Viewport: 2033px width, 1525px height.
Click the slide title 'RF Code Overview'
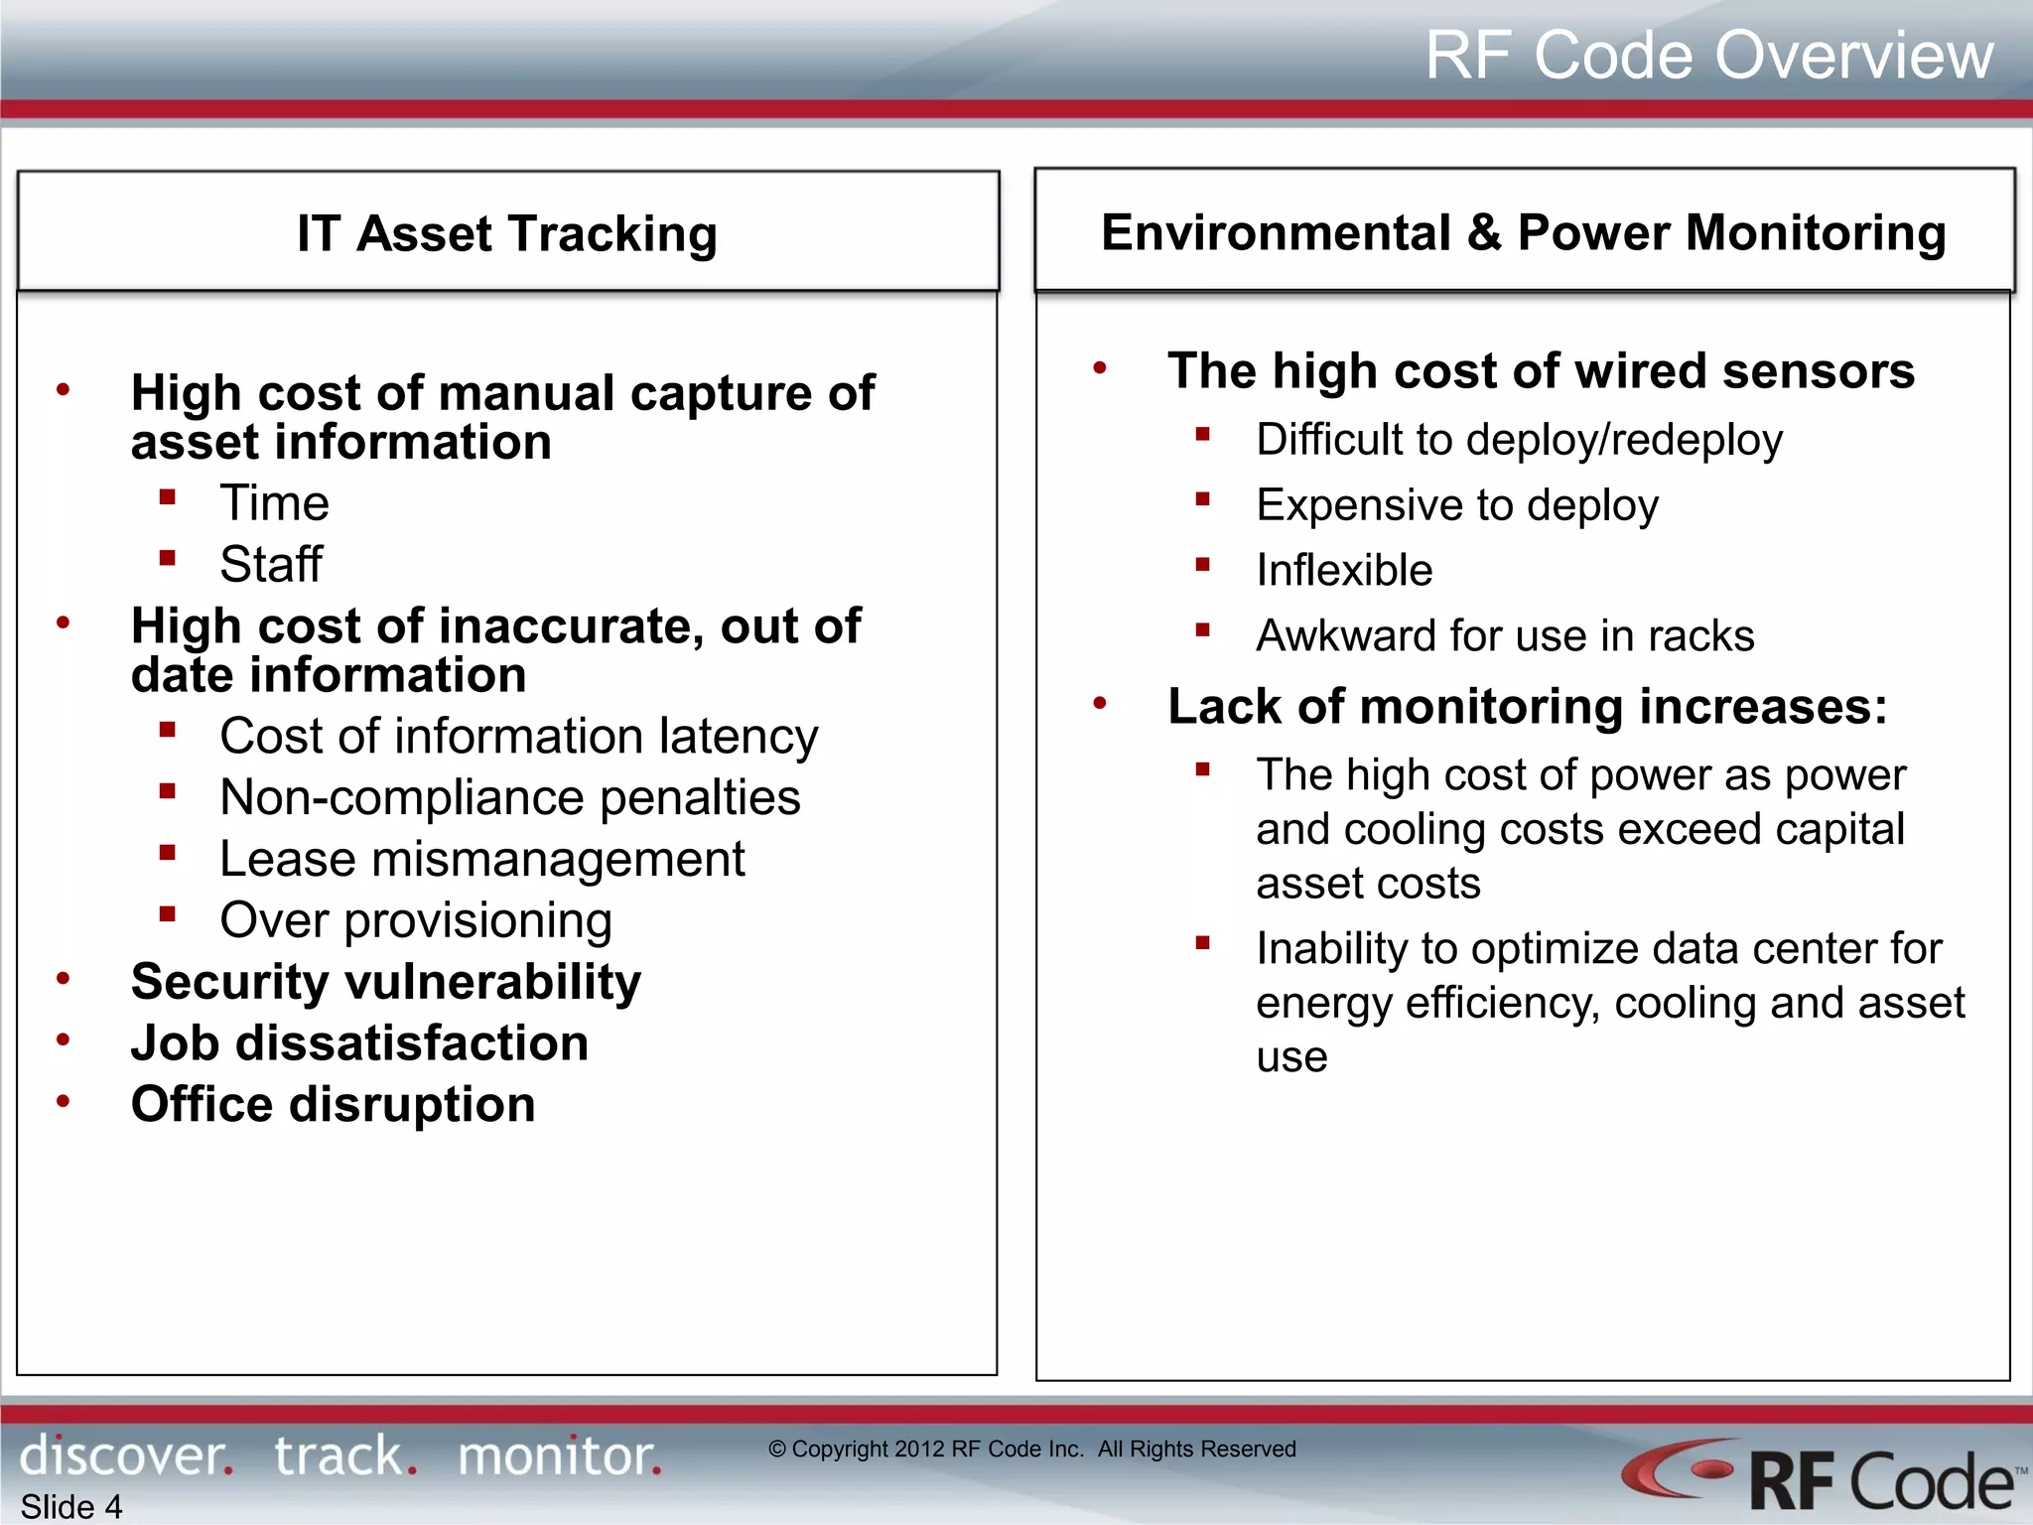coord(1708,55)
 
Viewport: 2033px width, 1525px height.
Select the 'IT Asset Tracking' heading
coord(507,234)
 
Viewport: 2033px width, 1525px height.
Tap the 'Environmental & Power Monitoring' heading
coord(1523,233)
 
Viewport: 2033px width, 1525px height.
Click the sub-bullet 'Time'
coord(274,503)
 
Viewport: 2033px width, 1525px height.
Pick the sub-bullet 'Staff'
coord(271,565)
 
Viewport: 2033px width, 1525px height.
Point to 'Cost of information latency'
coord(518,737)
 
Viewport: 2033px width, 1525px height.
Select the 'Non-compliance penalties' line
coord(509,798)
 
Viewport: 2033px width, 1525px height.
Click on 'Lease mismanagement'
coord(481,860)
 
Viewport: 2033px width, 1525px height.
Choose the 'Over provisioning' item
coord(415,921)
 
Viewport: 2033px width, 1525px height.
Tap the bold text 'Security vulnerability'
coord(385,982)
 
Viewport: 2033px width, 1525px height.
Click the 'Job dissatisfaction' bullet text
coord(359,1043)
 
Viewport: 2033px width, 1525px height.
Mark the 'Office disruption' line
coord(333,1105)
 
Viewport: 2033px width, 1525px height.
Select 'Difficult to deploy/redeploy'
coord(1519,440)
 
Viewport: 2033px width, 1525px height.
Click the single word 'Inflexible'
coord(1344,571)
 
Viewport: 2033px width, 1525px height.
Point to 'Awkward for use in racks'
coord(1505,636)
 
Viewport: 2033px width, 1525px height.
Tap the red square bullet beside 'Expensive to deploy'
coord(1202,500)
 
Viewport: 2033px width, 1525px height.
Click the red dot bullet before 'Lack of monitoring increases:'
coord(1099,704)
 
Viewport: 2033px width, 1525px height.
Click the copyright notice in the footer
coord(1031,1450)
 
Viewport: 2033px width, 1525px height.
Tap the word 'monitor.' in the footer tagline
coord(559,1457)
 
